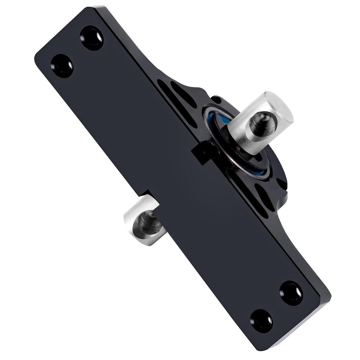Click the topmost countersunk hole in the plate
[x=92, y=38]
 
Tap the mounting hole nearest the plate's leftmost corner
[x=62, y=66]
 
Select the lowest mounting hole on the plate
[x=261, y=321]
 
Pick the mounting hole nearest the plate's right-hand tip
[x=291, y=293]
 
